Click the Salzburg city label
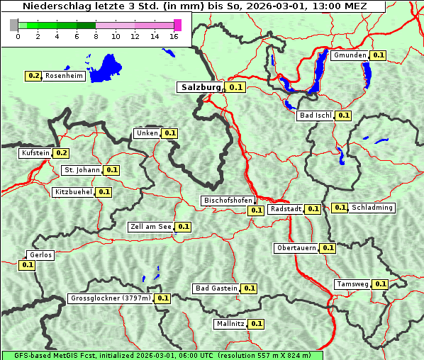tap(201, 87)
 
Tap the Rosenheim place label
tap(65, 76)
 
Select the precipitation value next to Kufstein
tap(62, 153)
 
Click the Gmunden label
tap(350, 55)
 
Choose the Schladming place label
tap(372, 208)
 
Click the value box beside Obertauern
tap(328, 248)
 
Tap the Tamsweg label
tap(352, 284)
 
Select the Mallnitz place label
tap(230, 324)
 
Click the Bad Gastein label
tap(216, 288)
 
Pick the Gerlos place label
tap(40, 255)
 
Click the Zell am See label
tap(151, 227)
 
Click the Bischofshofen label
tap(228, 201)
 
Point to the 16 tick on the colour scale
tap(174, 36)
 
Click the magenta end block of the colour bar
tap(177, 25)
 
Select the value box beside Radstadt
tap(313, 209)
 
